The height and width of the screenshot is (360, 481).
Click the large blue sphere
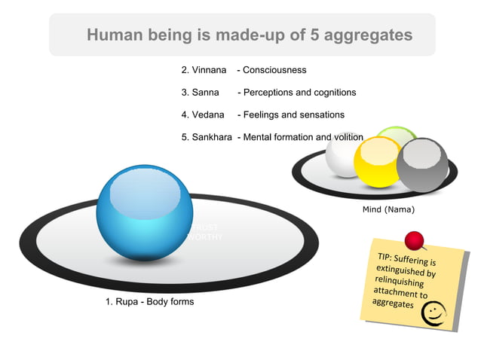coord(144,213)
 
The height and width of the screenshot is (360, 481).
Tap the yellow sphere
coord(377,161)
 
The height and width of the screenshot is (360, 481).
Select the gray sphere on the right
coord(422,164)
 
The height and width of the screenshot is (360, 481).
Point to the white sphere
coord(343,154)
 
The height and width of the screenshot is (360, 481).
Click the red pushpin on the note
coord(414,241)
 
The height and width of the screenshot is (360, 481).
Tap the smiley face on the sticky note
coord(434,314)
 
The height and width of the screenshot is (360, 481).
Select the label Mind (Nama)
coord(388,209)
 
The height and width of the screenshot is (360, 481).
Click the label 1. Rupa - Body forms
coord(149,302)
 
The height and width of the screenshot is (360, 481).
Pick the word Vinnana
coord(209,70)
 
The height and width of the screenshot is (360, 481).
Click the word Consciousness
coord(274,70)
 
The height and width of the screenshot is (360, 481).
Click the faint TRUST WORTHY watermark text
coord(204,232)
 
